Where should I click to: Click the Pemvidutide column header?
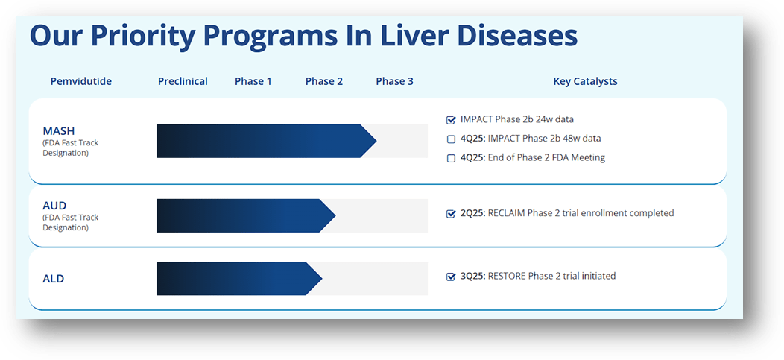click(81, 81)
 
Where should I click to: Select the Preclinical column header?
click(183, 81)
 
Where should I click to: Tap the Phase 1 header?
click(253, 81)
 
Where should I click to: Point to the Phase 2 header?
click(324, 81)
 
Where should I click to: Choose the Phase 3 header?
click(394, 81)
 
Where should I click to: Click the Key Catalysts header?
click(585, 81)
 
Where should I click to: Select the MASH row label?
click(59, 131)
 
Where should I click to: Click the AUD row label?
click(54, 205)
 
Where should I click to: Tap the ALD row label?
click(54, 279)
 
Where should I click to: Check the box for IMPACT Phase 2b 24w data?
click(451, 119)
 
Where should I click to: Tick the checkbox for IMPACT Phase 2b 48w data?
click(451, 139)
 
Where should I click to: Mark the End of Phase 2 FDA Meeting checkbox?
click(451, 158)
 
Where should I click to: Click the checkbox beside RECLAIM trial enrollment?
click(451, 214)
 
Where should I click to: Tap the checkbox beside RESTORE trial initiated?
click(451, 277)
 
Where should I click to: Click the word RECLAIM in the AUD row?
click(506, 213)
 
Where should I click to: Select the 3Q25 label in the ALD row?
click(472, 276)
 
